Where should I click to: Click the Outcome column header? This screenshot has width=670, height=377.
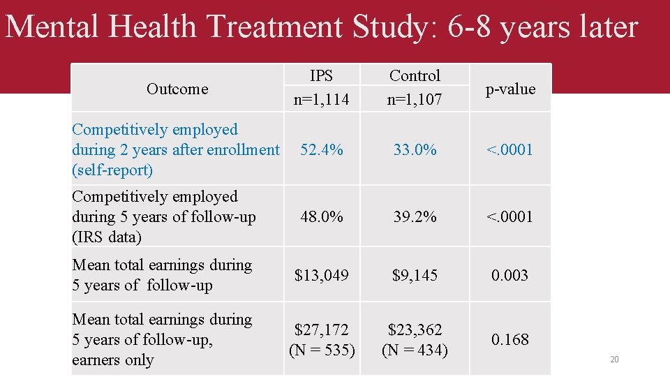click(x=177, y=89)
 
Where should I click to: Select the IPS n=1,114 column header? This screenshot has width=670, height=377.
click(x=321, y=87)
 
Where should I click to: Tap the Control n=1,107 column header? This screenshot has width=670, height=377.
click(x=415, y=87)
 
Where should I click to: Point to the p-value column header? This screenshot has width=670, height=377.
click(x=511, y=89)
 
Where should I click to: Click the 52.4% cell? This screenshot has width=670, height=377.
click(x=321, y=149)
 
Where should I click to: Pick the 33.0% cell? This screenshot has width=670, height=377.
click(x=415, y=149)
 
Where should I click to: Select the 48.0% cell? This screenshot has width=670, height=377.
click(x=321, y=216)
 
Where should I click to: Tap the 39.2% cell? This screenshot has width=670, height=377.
click(x=415, y=216)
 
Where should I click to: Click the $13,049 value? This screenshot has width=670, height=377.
click(x=321, y=275)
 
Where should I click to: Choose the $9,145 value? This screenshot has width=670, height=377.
click(x=415, y=275)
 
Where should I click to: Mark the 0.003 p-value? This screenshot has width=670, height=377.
click(x=510, y=275)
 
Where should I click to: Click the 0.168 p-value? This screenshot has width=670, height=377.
click(x=510, y=339)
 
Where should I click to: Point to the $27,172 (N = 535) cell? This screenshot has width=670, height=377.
click(x=322, y=339)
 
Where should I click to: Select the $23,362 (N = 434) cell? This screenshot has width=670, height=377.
click(x=415, y=339)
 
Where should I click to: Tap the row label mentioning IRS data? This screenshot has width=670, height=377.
click(x=164, y=216)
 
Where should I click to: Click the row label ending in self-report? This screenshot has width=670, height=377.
click(x=174, y=149)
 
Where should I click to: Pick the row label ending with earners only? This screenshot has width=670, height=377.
click(x=162, y=339)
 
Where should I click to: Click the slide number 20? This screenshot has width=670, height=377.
click(x=614, y=360)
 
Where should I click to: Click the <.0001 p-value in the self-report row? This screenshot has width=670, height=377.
click(x=510, y=149)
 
